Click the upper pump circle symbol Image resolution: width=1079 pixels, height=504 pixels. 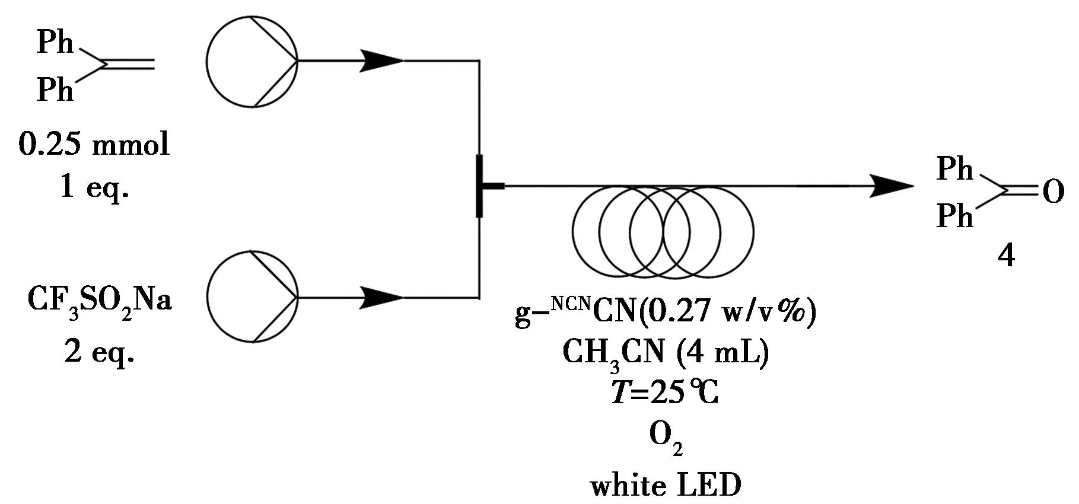(252, 60)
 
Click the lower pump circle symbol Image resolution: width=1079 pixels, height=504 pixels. (252, 296)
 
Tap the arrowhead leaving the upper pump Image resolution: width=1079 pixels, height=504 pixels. (381, 60)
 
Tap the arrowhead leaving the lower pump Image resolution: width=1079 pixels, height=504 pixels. (381, 297)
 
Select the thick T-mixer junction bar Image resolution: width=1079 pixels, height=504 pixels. (479, 186)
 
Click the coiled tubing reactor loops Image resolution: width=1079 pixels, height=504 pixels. (663, 232)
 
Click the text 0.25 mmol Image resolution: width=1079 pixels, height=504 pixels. (94, 144)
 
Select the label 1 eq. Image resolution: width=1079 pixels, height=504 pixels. (94, 188)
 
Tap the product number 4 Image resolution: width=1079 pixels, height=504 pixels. (1006, 256)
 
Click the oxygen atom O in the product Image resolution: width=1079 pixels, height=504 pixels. (1052, 192)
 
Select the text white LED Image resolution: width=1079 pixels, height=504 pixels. (666, 486)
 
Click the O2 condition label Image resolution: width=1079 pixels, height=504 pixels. (666, 438)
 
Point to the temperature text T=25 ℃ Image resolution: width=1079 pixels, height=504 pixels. (666, 393)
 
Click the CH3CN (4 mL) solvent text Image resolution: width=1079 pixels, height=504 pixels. (666, 353)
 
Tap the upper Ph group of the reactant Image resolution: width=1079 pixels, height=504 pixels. (55, 43)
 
